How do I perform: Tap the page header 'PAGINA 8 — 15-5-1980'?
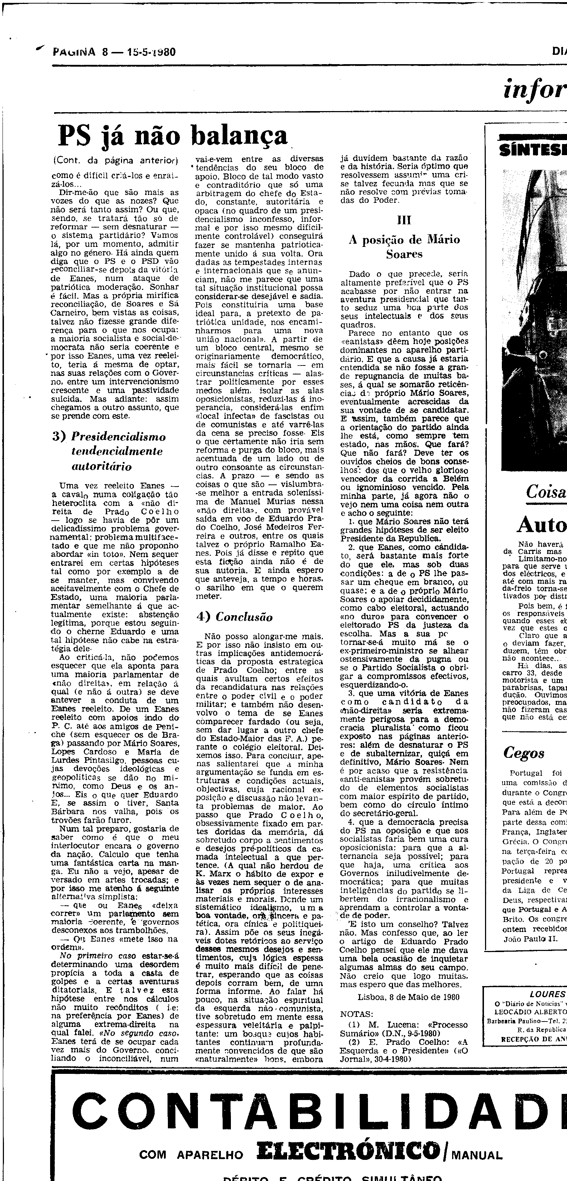[x=115, y=52]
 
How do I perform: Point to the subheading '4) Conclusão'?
[x=234, y=617]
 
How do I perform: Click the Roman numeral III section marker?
[x=404, y=220]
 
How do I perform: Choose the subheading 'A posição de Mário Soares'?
[x=404, y=247]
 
